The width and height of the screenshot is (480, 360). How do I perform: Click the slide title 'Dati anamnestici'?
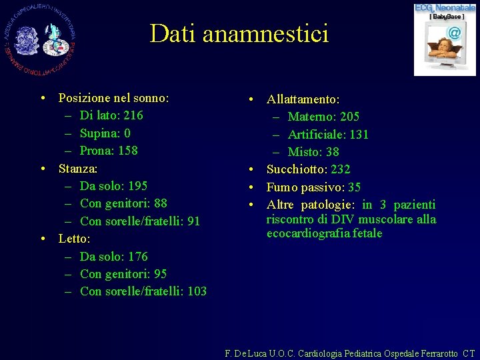[x=239, y=33]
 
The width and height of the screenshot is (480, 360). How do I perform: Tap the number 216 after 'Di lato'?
[x=133, y=115]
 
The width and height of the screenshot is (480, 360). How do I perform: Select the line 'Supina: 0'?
[x=105, y=133]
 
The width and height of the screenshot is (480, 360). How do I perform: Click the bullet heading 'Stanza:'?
[x=78, y=168]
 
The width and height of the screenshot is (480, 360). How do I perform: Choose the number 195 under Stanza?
[x=137, y=186]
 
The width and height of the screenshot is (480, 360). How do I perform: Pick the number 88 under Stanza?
[x=159, y=203]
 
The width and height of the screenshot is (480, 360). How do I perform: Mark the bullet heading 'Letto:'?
[x=75, y=239]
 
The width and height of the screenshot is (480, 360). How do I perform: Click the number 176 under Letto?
[x=137, y=257]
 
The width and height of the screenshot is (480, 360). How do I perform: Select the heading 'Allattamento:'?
[x=303, y=99]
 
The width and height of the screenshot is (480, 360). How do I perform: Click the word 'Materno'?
[x=311, y=117]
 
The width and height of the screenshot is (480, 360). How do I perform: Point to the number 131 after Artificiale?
[x=358, y=135]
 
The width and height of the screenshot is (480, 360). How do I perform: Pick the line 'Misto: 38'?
[x=313, y=152]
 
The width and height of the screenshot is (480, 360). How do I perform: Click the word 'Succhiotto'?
[x=297, y=169]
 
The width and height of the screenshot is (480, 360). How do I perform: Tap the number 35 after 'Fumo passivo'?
[x=354, y=187]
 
